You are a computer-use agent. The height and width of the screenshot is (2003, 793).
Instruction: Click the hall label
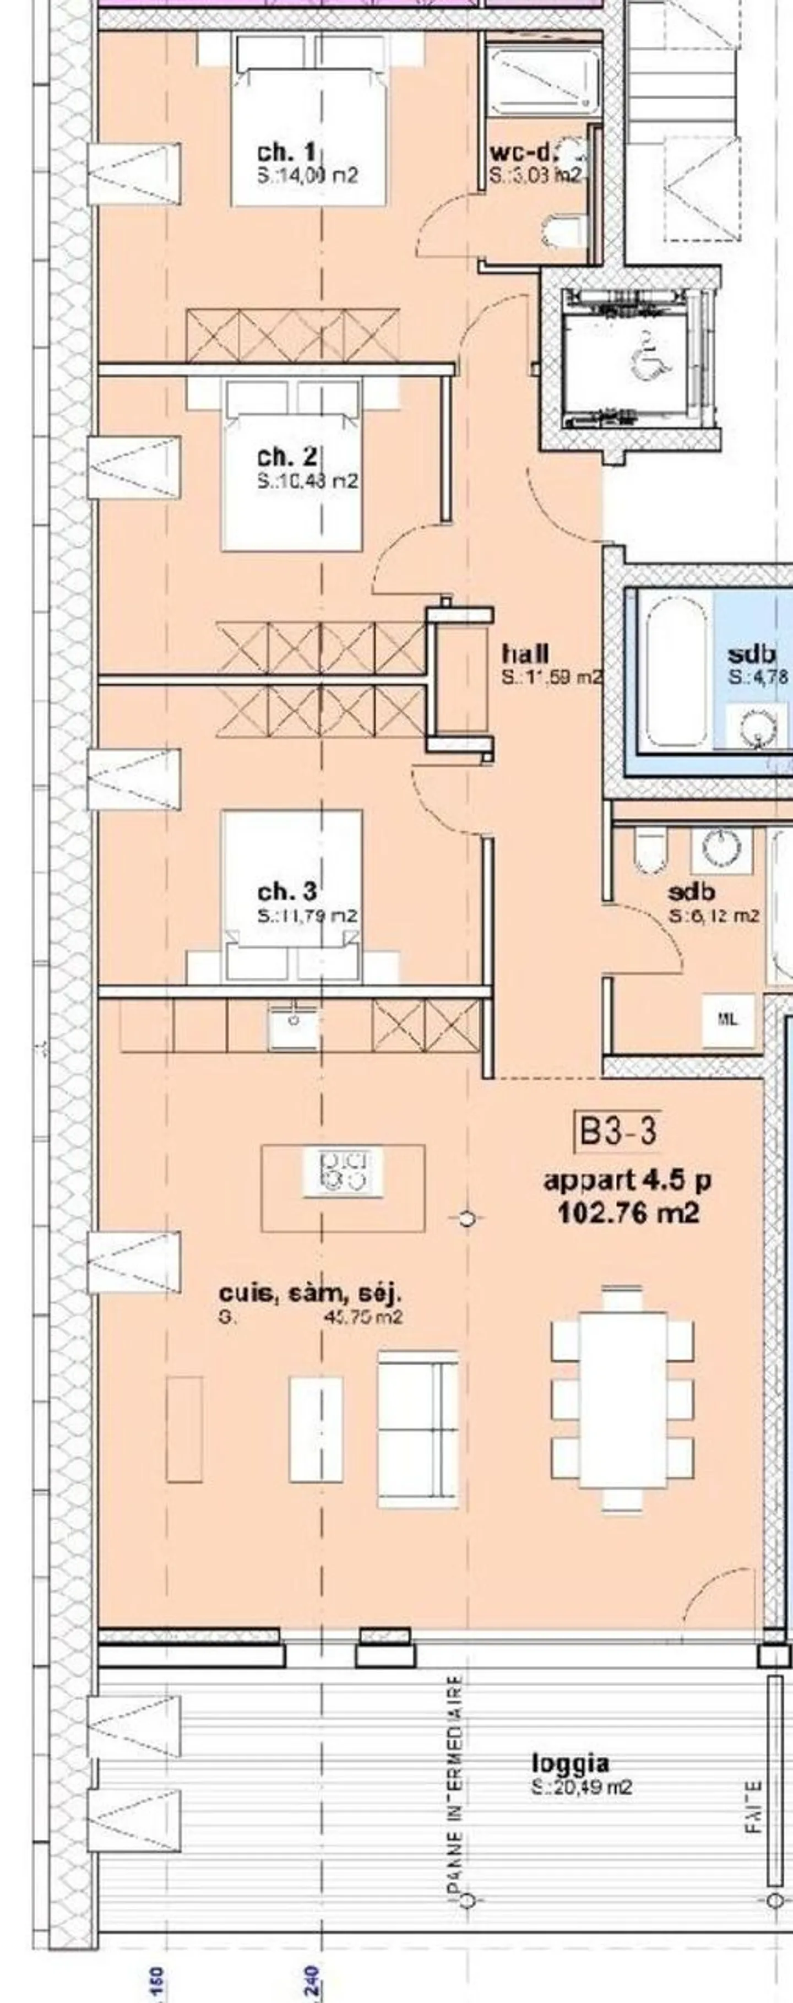point(525,652)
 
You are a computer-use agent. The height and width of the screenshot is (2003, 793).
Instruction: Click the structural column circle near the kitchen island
point(466,1219)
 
